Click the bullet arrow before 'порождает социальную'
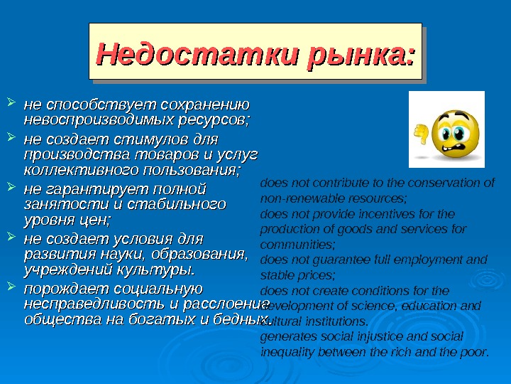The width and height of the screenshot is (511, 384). (x=11, y=288)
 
